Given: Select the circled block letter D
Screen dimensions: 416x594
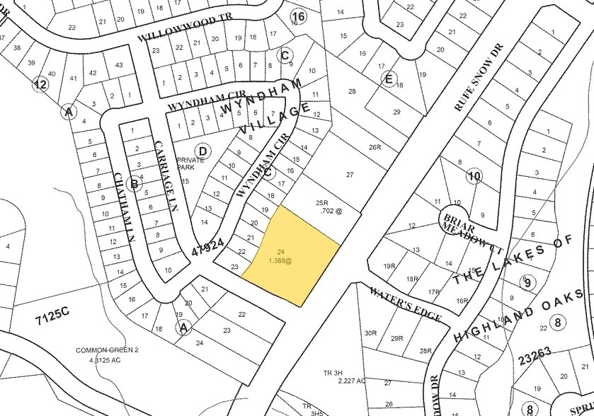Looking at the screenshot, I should point(202,150).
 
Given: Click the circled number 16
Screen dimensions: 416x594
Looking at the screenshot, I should point(298,16).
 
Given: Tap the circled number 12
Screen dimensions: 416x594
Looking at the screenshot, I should point(40,85).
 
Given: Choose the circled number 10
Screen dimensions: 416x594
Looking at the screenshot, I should point(474,175).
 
